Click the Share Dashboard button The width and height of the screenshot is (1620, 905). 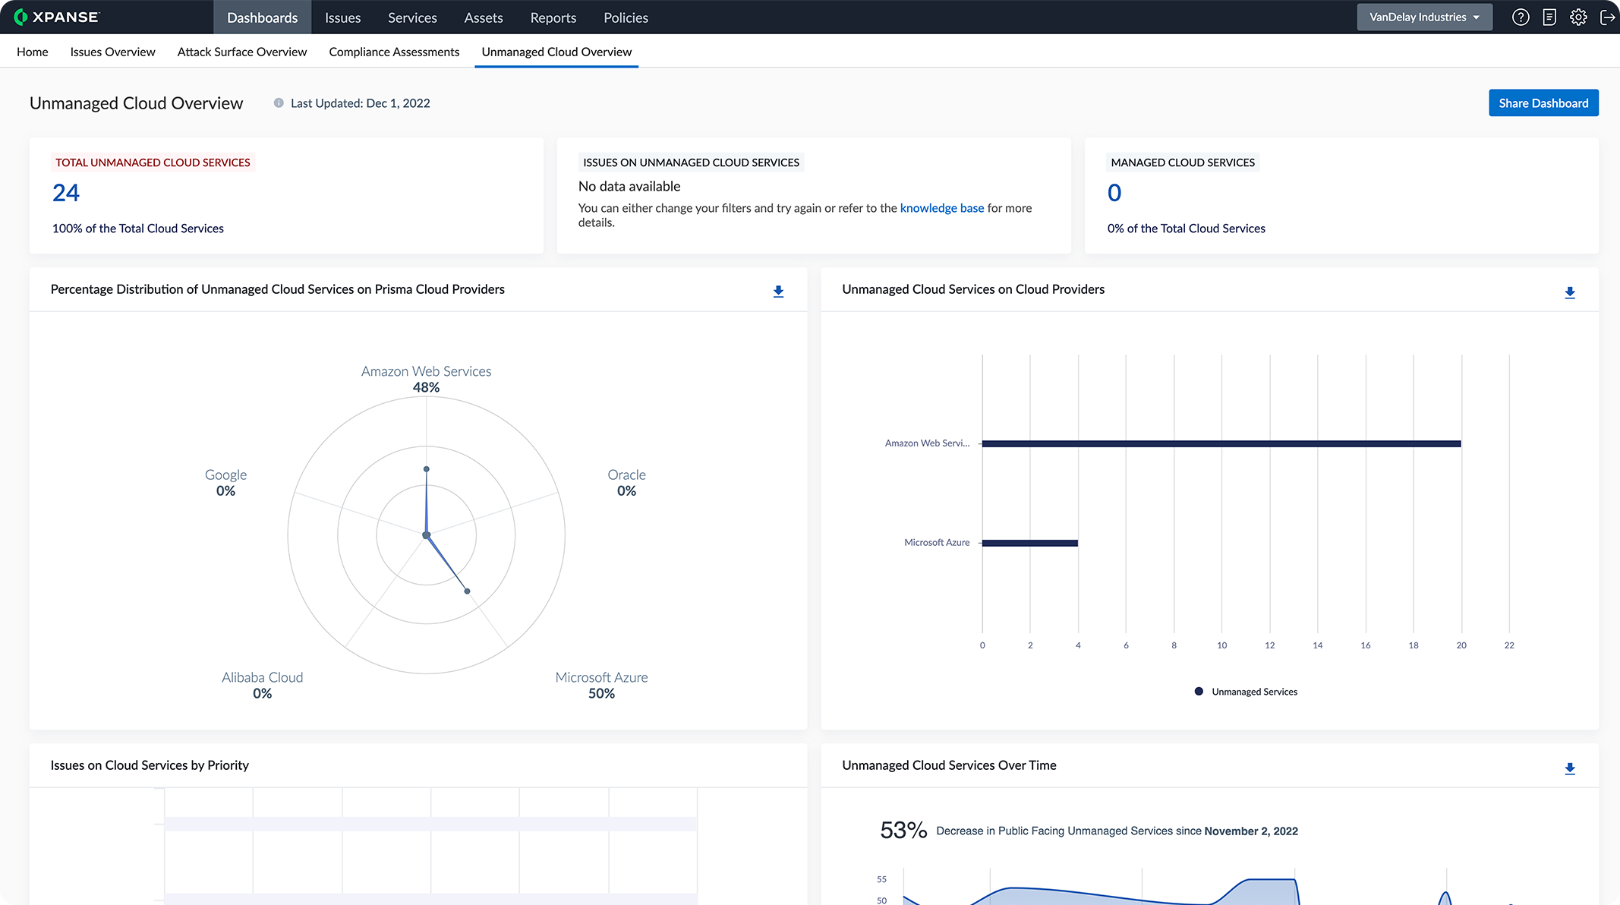pos(1543,103)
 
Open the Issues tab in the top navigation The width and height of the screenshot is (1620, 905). pos(342,17)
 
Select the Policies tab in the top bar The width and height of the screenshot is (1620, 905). pos(626,17)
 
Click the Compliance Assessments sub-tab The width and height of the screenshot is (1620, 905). pos(394,52)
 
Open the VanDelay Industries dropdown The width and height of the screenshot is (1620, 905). pos(1423,17)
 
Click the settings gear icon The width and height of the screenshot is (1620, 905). pos(1578,17)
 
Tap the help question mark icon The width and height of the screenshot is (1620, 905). pos(1520,17)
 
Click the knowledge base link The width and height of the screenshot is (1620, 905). pos(941,208)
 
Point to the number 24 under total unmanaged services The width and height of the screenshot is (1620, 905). pos(66,193)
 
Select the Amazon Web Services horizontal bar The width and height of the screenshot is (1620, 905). pos(1221,443)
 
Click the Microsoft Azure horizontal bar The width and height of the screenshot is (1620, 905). pos(1029,543)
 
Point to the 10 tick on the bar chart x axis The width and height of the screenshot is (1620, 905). pos(1221,645)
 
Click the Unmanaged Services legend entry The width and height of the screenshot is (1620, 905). pos(1246,692)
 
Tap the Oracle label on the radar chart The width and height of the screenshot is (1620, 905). pos(626,475)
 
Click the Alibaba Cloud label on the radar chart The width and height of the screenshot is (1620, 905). pos(262,677)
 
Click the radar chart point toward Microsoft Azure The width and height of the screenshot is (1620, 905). pos(467,591)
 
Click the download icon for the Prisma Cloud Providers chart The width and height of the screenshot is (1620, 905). pos(778,292)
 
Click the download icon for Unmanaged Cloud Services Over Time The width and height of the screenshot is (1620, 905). pos(1570,769)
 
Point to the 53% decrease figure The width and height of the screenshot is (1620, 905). pos(903,830)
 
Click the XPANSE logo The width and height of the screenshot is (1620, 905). pos(57,17)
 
